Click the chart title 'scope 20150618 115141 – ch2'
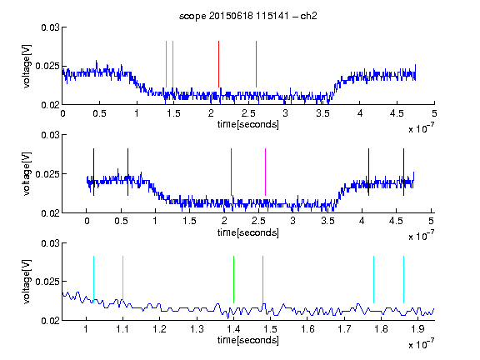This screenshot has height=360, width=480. tap(248, 16)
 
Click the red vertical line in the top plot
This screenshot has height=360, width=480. tap(218, 64)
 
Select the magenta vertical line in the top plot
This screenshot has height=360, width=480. tap(256, 64)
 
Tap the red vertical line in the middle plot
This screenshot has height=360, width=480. tap(231, 172)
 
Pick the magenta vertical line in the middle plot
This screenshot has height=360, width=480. tap(265, 172)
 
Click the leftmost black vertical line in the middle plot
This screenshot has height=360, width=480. tap(93, 172)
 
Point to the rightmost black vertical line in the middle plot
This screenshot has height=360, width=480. tap(403, 172)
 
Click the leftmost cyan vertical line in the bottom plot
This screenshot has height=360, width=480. tap(93, 279)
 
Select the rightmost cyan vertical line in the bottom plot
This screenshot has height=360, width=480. tap(403, 279)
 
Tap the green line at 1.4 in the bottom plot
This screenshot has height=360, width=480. tap(233, 279)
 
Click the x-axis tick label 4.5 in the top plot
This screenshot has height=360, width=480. tap(397, 113)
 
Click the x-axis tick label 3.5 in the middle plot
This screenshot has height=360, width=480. tap(327, 221)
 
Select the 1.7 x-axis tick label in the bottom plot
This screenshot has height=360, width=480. tap(344, 329)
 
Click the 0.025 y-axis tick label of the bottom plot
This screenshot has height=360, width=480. tap(47, 282)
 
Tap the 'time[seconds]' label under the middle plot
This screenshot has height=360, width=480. tap(248, 232)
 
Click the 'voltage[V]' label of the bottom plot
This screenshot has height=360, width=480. tap(27, 282)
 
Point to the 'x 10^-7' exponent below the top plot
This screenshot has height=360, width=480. tap(421, 128)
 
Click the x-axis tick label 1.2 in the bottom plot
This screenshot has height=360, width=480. tap(159, 329)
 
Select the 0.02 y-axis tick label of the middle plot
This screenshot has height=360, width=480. tap(50, 213)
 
